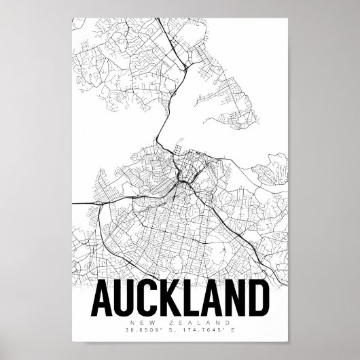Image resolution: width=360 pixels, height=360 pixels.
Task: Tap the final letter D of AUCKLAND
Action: [262, 299]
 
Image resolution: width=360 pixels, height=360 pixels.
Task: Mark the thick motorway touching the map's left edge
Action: [76, 202]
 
